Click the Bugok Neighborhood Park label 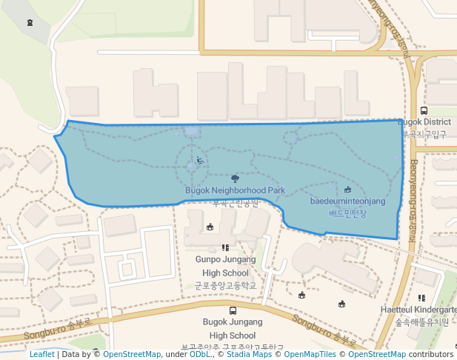(235, 190)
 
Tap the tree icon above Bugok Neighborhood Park (235, 179)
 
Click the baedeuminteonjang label (347, 201)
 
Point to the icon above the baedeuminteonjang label (348, 190)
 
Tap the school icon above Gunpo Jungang (225, 248)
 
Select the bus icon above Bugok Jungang (233, 311)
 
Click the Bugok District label (424, 122)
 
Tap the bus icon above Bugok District (424, 110)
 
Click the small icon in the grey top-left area (29, 22)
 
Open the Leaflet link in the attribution (41, 355)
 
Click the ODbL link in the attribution (199, 355)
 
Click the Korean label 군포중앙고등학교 (225, 285)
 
